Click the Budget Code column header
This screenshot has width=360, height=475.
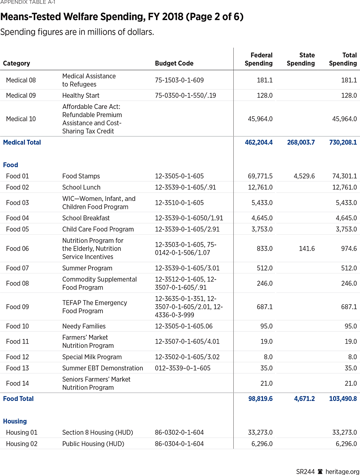pyautogui.click(x=174, y=63)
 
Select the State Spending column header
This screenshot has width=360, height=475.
pyautogui.click(x=301, y=59)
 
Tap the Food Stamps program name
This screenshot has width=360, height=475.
pyautogui.click(x=81, y=176)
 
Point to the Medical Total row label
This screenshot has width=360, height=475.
pyautogui.click(x=22, y=142)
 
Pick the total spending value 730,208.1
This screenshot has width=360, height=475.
pyautogui.click(x=343, y=142)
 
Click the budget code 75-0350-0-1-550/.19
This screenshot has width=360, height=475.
pyautogui.click(x=185, y=95)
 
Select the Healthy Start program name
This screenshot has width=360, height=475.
pyautogui.click(x=81, y=95)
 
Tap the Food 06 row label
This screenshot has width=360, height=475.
pyautogui.click(x=18, y=248)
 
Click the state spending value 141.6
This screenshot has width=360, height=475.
pyautogui.click(x=307, y=248)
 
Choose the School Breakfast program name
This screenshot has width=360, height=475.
pyautogui.click(x=86, y=218)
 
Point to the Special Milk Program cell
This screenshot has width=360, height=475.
pyautogui.click(x=92, y=357)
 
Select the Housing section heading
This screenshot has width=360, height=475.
pyautogui.click(x=15, y=421)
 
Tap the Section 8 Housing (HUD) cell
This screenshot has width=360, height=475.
pyautogui.click(x=98, y=432)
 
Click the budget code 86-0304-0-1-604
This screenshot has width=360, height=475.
pyautogui.click(x=179, y=444)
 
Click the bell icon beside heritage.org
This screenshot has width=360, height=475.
pyautogui.click(x=320, y=471)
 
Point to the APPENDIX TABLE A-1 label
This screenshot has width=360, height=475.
pyautogui.click(x=28, y=2)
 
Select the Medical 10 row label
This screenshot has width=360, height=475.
pyautogui.click(x=21, y=119)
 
